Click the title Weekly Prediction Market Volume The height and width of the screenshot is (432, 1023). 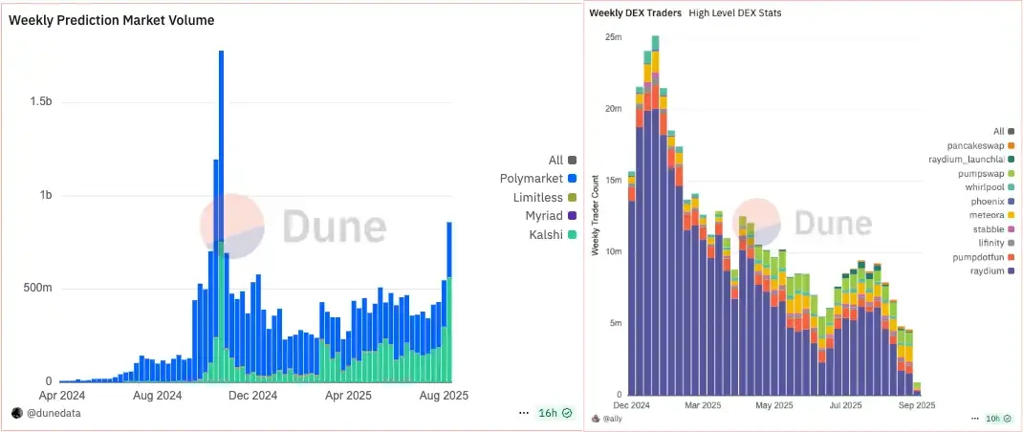click(x=111, y=20)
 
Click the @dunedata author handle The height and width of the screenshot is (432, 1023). click(x=54, y=413)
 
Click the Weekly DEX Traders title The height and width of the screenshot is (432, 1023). click(x=635, y=13)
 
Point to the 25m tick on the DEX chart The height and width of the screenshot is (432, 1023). click(x=613, y=36)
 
